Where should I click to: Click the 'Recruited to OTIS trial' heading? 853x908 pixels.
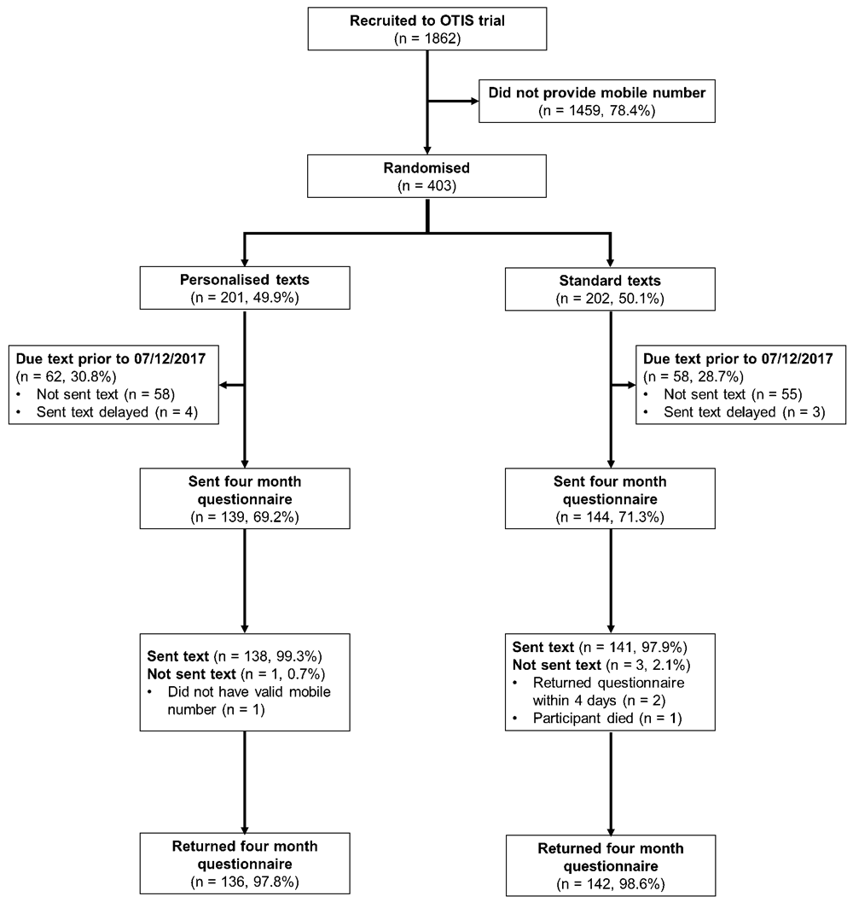coord(427,20)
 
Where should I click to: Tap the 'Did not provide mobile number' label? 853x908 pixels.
coord(596,93)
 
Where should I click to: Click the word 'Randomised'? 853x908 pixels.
coord(426,168)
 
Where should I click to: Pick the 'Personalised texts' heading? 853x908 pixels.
coord(244,280)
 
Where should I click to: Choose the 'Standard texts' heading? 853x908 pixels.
coord(610,281)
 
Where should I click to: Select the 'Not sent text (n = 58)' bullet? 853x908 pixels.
coord(105,394)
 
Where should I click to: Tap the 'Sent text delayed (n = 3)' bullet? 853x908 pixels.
coord(744,412)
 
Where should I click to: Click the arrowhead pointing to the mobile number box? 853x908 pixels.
coord(475,102)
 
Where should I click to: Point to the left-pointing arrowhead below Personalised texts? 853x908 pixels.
coord(223,385)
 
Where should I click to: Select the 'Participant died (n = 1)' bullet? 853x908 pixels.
coord(607,719)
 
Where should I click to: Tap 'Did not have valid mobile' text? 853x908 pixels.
coord(249,692)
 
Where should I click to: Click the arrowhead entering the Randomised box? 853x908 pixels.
coord(427,150)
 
